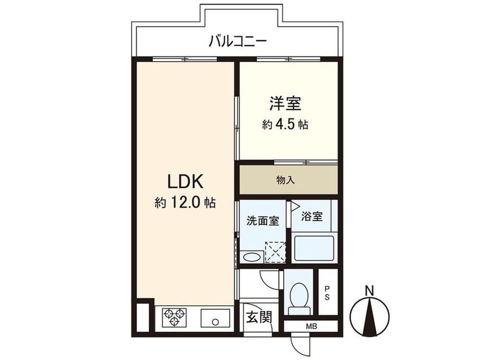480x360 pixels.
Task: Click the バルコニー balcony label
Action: tap(237, 41)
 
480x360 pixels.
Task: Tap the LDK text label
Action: tap(185, 182)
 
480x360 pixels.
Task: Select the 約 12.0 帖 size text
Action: tap(185, 202)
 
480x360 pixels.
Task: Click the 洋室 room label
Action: tap(285, 103)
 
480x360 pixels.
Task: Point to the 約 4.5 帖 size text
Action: tap(285, 125)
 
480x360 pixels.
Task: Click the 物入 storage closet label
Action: tap(285, 180)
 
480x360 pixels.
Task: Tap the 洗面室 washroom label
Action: tap(262, 221)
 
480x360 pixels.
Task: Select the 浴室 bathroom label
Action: tap(311, 217)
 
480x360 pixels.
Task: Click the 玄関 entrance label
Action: tap(259, 317)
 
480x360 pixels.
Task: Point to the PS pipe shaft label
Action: tap(327, 293)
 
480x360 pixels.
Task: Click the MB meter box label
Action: tap(311, 327)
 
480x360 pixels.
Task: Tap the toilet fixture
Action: tap(299, 298)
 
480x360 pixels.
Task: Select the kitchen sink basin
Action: tap(215, 318)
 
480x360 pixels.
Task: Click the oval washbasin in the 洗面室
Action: tap(251, 257)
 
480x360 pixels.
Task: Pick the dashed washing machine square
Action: tap(275, 252)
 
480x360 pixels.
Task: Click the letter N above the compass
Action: tap(370, 291)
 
